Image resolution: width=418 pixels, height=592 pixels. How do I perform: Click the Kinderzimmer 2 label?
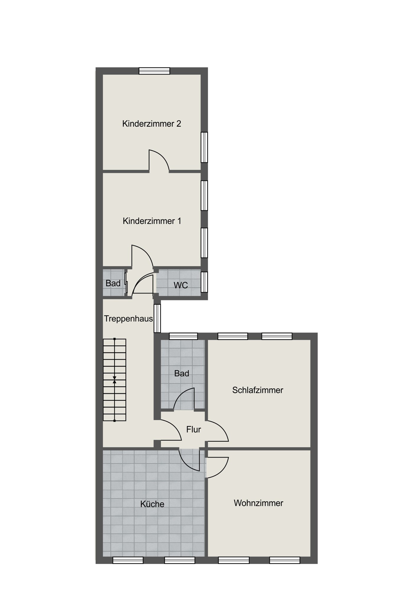click(151, 124)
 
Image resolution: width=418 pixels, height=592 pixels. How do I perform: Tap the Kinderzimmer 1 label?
click(152, 221)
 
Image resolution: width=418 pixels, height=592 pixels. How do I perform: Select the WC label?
click(181, 285)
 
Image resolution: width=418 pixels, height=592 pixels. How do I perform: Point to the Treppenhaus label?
click(128, 319)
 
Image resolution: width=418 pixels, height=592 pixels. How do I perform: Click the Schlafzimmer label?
click(258, 390)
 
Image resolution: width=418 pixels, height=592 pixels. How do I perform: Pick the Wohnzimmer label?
click(259, 503)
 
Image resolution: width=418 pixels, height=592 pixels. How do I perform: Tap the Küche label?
click(152, 504)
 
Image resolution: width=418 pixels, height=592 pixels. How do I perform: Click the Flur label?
click(193, 429)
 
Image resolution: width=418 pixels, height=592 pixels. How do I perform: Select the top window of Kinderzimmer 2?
click(154, 71)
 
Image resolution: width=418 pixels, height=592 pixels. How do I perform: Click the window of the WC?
click(204, 282)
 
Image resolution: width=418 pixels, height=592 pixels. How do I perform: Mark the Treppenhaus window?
click(157, 318)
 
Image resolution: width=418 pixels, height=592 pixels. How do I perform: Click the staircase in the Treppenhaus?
click(114, 380)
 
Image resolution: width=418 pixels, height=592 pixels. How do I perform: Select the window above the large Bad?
click(183, 336)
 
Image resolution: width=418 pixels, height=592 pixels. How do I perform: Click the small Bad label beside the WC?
click(113, 283)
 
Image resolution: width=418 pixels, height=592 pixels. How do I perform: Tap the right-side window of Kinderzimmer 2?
click(204, 147)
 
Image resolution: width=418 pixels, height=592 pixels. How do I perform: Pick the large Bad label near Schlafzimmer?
click(182, 374)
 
